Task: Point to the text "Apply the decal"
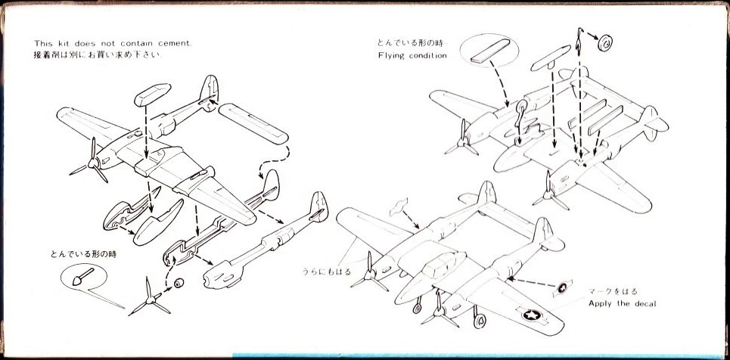pyautogui.click(x=623, y=303)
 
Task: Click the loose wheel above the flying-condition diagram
pyautogui.click(x=606, y=43)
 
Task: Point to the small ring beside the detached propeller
pyautogui.click(x=179, y=284)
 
